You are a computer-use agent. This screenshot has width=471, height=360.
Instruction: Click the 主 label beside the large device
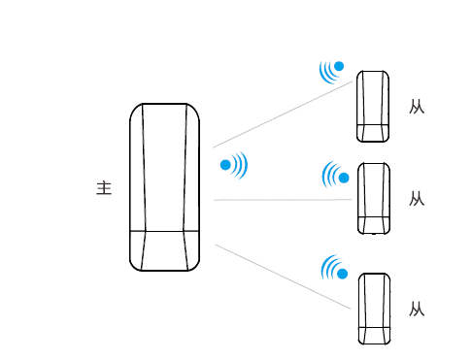point(104,188)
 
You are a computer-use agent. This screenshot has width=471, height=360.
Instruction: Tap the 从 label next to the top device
point(417,107)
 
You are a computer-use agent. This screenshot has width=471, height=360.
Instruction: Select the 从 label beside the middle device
point(417,199)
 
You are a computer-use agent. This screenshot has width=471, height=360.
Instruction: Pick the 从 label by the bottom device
point(417,310)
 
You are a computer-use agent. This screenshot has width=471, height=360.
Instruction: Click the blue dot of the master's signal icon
point(225,165)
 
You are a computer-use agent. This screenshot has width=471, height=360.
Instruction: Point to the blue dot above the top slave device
point(339,66)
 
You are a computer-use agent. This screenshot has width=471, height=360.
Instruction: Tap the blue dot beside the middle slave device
point(344,178)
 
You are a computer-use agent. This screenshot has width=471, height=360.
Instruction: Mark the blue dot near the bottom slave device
point(342,274)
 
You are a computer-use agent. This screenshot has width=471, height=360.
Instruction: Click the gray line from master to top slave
point(283,115)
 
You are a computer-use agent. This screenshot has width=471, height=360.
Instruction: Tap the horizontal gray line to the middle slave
point(283,200)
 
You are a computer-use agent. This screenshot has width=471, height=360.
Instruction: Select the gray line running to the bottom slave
point(283,277)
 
